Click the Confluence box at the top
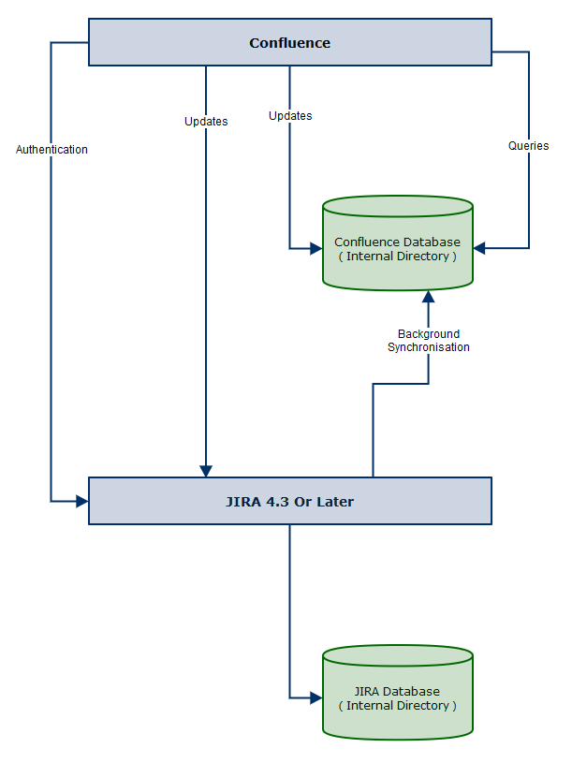click(290, 42)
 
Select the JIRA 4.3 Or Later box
click(290, 501)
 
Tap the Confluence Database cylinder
click(397, 243)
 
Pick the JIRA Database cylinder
click(397, 693)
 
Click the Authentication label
click(51, 150)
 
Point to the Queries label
click(528, 145)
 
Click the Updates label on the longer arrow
click(206, 121)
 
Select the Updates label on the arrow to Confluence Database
click(290, 116)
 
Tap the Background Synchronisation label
click(429, 340)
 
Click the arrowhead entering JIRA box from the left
click(82, 501)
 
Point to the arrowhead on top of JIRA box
click(206, 471)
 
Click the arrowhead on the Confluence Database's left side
click(316, 249)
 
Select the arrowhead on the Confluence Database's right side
click(479, 248)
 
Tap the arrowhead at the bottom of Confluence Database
click(429, 297)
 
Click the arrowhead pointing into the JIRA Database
click(316, 698)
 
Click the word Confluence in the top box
click(290, 43)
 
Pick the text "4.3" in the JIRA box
click(277, 502)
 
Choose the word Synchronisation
click(429, 347)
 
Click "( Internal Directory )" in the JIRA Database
click(397, 706)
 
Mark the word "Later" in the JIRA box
click(335, 502)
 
